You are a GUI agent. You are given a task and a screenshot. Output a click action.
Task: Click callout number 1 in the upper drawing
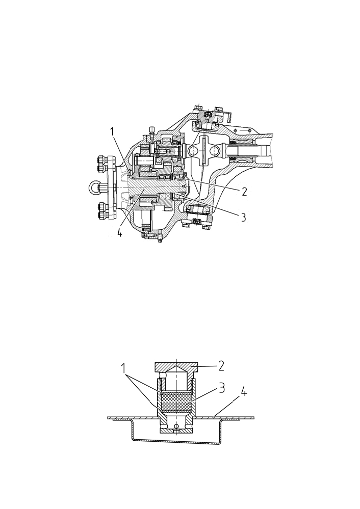pos(112,132)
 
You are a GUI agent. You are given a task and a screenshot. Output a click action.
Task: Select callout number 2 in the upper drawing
pos(244,192)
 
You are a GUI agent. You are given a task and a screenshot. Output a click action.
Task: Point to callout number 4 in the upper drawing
pos(119,232)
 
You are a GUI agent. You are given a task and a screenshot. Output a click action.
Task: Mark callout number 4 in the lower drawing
pos(244,393)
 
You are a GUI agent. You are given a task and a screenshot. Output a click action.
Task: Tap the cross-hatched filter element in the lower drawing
pos(176,402)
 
